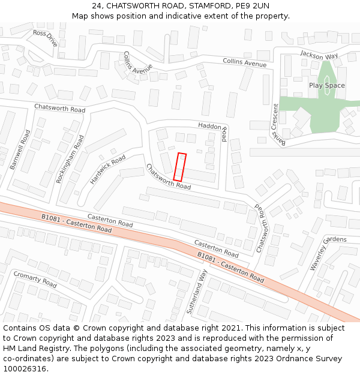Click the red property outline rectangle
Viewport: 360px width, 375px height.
click(x=180, y=167)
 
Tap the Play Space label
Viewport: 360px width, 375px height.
click(x=326, y=85)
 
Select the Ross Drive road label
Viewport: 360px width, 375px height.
click(x=45, y=38)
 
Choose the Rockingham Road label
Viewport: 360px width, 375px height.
click(x=70, y=159)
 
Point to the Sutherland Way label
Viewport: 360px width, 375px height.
click(x=197, y=292)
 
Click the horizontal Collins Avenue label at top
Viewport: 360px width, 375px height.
click(x=244, y=62)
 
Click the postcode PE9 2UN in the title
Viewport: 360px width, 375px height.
click(x=253, y=6)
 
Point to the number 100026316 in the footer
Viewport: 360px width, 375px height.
click(x=24, y=368)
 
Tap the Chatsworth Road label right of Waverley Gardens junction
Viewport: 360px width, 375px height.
click(x=262, y=227)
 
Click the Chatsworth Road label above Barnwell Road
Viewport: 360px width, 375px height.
click(x=59, y=108)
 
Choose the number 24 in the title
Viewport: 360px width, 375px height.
click(x=97, y=6)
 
